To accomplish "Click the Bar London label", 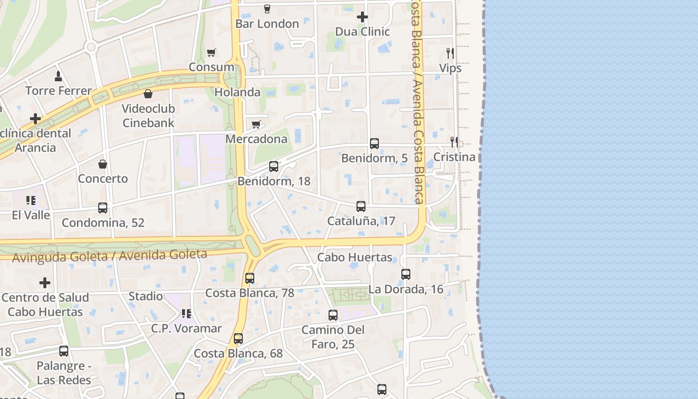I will (x=267, y=23).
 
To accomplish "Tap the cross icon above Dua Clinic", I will (x=362, y=17).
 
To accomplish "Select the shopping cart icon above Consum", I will (x=211, y=52).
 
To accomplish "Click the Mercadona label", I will (x=256, y=139).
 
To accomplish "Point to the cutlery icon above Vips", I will (x=450, y=53).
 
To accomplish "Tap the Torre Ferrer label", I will (x=58, y=91).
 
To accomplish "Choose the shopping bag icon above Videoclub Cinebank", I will (x=148, y=94).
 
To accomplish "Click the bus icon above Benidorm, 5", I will (x=374, y=144).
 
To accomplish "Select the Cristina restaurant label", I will (x=454, y=157).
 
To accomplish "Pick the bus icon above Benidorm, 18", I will (x=274, y=167).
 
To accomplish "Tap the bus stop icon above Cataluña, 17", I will (x=361, y=206).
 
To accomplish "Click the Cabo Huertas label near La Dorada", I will (x=355, y=257).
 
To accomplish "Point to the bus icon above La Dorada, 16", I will (x=406, y=274).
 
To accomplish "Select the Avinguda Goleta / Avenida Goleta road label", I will (x=110, y=256).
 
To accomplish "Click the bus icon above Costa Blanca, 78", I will (x=250, y=278).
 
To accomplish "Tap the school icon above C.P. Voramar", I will (x=186, y=314).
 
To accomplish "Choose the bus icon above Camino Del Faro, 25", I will (x=333, y=315).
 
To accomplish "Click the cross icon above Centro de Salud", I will (x=45, y=283).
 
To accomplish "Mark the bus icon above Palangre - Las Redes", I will (x=64, y=351).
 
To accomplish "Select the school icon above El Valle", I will (x=31, y=200).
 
